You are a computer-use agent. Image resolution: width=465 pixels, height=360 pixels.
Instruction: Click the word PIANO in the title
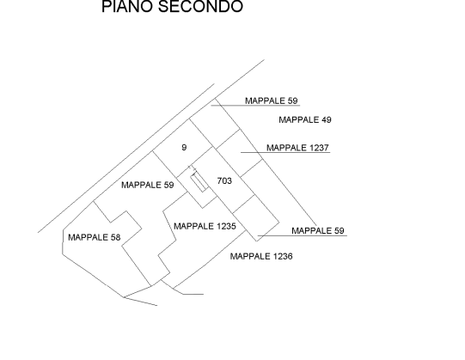pos(127,6)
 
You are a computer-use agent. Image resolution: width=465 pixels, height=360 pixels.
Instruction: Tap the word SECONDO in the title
pos(200,6)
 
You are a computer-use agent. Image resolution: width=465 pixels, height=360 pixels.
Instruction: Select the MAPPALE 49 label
pos(305,119)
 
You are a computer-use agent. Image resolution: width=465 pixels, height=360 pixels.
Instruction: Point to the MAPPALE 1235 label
pos(205,226)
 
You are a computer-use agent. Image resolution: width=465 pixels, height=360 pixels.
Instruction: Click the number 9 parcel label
pos(184,148)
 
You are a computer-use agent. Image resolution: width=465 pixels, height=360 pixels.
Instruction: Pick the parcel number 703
pos(224,181)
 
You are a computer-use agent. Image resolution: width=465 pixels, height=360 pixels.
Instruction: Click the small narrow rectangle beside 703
pos(199,183)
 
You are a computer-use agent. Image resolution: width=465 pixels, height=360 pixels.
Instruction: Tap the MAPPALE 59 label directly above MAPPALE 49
pos(271,101)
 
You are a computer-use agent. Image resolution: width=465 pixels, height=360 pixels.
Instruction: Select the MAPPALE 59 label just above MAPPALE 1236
pos(318,231)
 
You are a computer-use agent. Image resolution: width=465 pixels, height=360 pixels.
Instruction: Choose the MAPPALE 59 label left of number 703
pos(147,185)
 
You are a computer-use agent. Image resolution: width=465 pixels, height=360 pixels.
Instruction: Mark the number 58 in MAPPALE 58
pos(115,237)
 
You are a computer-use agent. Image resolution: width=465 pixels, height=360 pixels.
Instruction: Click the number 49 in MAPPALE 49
pos(327,119)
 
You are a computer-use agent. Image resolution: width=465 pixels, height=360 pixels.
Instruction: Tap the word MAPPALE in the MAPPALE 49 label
pos(298,119)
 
